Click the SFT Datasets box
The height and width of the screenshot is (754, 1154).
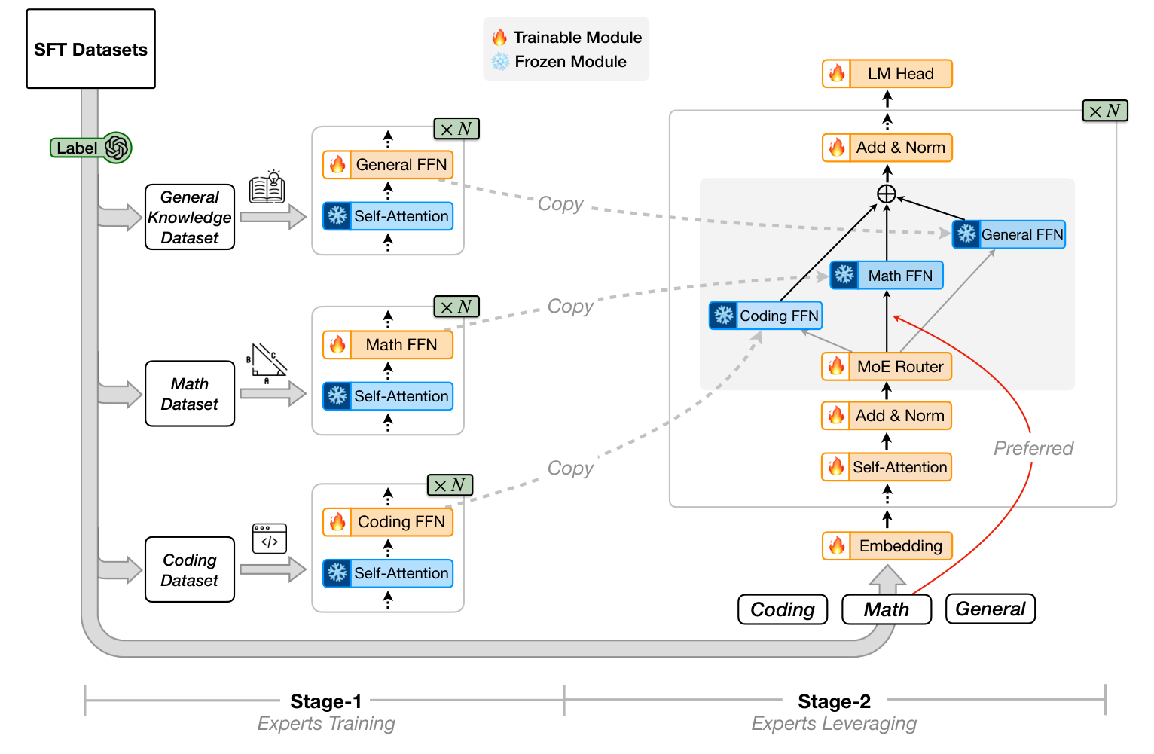(90, 49)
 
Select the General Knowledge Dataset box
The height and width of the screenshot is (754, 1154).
(190, 217)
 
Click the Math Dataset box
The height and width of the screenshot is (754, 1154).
(190, 394)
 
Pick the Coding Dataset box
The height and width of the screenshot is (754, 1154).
(190, 570)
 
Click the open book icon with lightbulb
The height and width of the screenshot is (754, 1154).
(267, 188)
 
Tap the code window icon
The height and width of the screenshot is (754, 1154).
(269, 539)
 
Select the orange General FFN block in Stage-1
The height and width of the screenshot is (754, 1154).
(388, 165)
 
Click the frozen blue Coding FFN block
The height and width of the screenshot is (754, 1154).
(765, 316)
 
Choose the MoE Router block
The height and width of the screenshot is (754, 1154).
(887, 367)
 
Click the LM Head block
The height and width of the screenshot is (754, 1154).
(887, 74)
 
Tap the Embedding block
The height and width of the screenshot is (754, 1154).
(887, 546)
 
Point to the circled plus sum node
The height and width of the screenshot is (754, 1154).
(887, 194)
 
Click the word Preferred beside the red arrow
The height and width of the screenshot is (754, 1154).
(1033, 449)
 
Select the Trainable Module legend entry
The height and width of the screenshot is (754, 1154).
(566, 38)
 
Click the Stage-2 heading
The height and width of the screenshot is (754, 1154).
(834, 701)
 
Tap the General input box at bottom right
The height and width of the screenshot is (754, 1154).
(990, 609)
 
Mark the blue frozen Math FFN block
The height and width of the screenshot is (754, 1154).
(887, 276)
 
